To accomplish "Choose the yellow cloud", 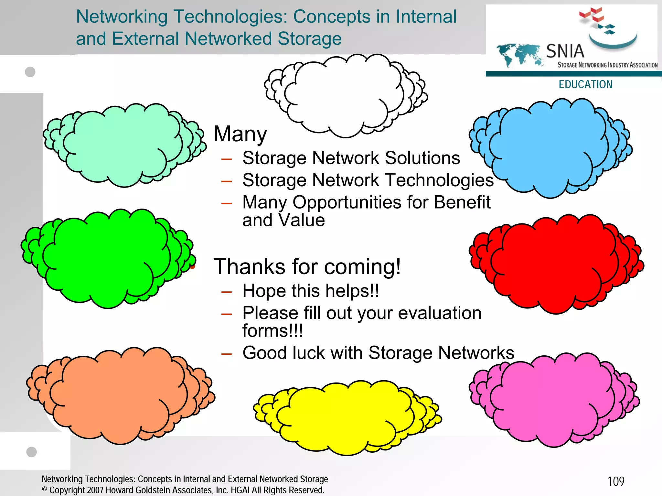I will click(x=346, y=417).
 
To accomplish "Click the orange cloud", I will click(x=120, y=394).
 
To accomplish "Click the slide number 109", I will click(x=616, y=481).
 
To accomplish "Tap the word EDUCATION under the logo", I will click(x=585, y=84).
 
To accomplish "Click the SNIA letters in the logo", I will click(x=565, y=51).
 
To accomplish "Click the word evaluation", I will click(x=440, y=313).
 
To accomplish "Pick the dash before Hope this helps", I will click(x=227, y=292).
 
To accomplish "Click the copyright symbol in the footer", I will click(x=45, y=490).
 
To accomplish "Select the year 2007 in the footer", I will click(x=95, y=490).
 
